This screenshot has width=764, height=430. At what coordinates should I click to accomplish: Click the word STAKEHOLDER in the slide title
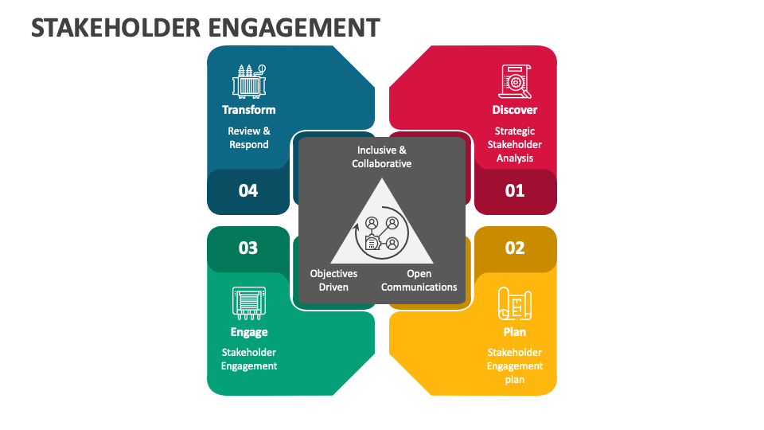coord(115,27)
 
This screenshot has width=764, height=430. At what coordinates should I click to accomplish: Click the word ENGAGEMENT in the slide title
coord(294,27)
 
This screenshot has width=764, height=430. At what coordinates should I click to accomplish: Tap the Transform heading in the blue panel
coord(249,110)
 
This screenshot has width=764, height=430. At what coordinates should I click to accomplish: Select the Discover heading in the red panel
coord(515,110)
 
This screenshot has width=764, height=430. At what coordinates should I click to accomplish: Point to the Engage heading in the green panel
coord(249,332)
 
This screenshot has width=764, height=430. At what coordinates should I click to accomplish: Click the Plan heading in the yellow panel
coord(515,332)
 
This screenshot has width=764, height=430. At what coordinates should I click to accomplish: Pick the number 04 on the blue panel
coord(248,191)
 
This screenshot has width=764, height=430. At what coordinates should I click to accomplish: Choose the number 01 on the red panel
coord(515,191)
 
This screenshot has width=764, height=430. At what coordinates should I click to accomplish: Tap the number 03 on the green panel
coord(248,248)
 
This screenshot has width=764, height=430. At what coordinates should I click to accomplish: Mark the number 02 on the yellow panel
coord(515,248)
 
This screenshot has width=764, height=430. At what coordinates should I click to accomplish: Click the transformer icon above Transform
coord(249,80)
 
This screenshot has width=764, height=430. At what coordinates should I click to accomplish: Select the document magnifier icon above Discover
coord(515,81)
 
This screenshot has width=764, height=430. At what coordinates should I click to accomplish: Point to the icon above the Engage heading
coord(249,303)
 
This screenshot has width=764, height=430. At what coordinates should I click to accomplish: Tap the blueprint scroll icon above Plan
coord(515,303)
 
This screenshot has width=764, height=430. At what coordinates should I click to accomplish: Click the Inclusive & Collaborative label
coord(382,157)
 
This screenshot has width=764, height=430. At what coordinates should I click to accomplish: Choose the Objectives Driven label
coord(333,280)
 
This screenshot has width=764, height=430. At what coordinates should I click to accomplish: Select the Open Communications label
coord(419,280)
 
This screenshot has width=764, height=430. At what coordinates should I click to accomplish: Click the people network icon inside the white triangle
coord(382,234)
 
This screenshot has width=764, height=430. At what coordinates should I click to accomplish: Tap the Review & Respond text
coord(249,138)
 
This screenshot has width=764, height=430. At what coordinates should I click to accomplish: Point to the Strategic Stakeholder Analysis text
coord(515,145)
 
